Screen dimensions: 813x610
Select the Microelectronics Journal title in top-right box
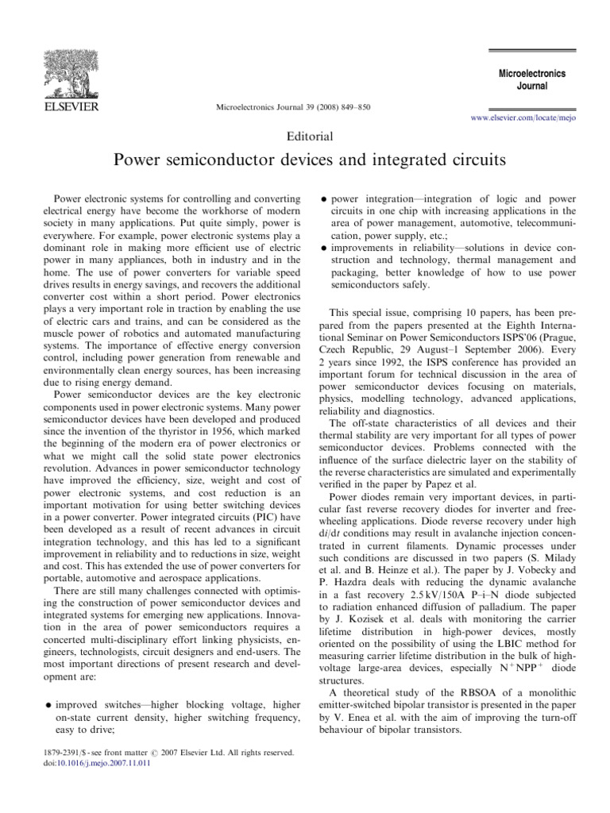(531, 79)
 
